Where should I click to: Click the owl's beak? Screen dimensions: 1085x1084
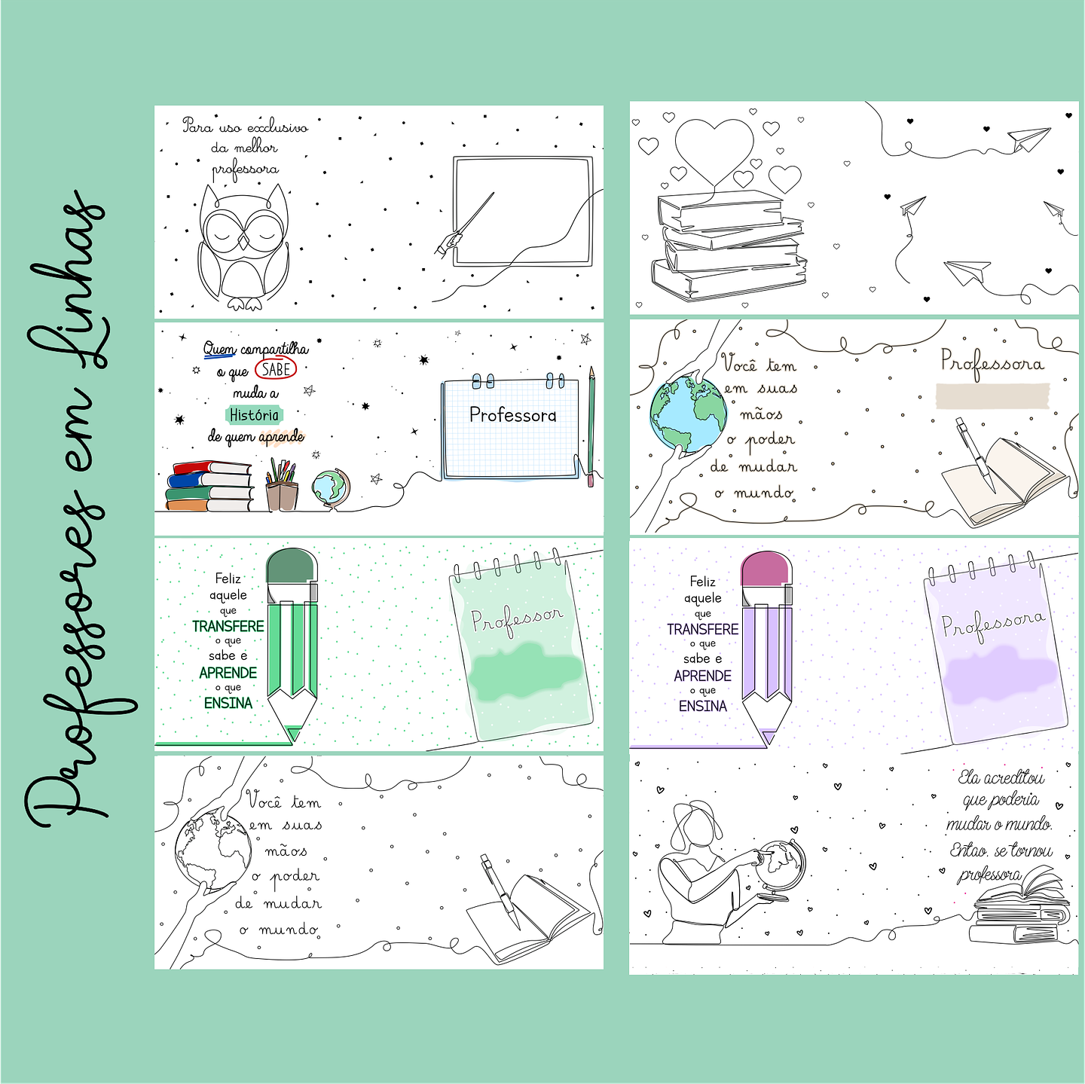coord(243,242)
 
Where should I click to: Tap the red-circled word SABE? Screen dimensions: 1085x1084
coord(275,369)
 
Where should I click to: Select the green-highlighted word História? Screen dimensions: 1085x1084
coord(254,415)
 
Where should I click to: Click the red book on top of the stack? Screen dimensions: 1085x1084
coord(212,468)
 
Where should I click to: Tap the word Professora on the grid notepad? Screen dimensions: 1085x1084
coord(513,415)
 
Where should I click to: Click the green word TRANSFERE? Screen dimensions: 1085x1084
coord(228,626)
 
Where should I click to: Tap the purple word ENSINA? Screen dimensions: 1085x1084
coord(703,706)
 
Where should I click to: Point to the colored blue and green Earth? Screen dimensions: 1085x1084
coord(688,414)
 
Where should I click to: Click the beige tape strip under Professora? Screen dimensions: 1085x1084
coord(992,396)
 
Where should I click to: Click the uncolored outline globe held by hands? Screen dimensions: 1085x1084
coord(212,850)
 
